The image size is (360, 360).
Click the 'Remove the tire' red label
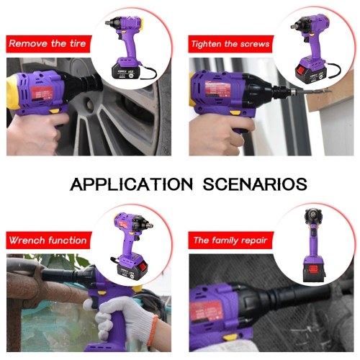tap(49, 44)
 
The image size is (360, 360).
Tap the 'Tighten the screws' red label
tap(230, 44)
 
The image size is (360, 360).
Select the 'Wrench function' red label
tap(49, 240)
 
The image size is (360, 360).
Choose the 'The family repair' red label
tap(230, 240)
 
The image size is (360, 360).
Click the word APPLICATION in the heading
tap(131, 184)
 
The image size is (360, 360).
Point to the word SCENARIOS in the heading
tap(255, 184)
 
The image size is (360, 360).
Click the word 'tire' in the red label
tap(78, 43)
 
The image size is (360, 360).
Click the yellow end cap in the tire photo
tap(12, 92)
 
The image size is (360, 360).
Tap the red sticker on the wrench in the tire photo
tap(42, 93)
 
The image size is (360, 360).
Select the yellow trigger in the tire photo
tap(55, 111)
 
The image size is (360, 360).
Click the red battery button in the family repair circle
tap(314, 269)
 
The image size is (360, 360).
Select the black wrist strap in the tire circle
tap(148, 71)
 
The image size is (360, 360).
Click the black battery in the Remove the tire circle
tap(125, 72)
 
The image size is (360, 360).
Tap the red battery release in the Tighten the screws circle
tap(302, 71)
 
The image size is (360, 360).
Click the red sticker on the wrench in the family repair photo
tap(207, 311)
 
